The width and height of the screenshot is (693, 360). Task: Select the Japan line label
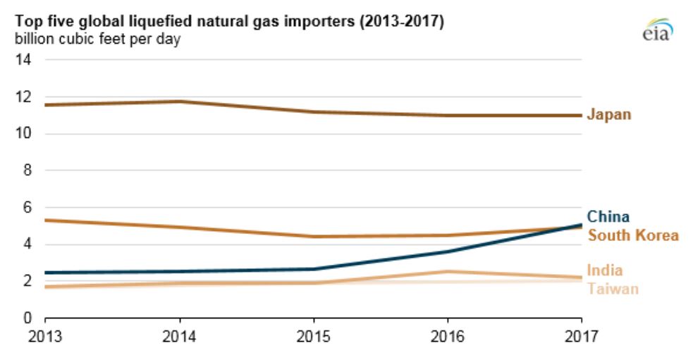click(x=609, y=115)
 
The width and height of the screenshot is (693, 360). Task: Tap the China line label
click(x=608, y=217)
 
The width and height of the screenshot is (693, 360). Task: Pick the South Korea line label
click(x=632, y=235)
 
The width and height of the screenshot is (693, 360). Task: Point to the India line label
click(x=604, y=271)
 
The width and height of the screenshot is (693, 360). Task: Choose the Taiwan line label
click(x=612, y=289)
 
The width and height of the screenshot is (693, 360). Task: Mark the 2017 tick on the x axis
click(x=582, y=337)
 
